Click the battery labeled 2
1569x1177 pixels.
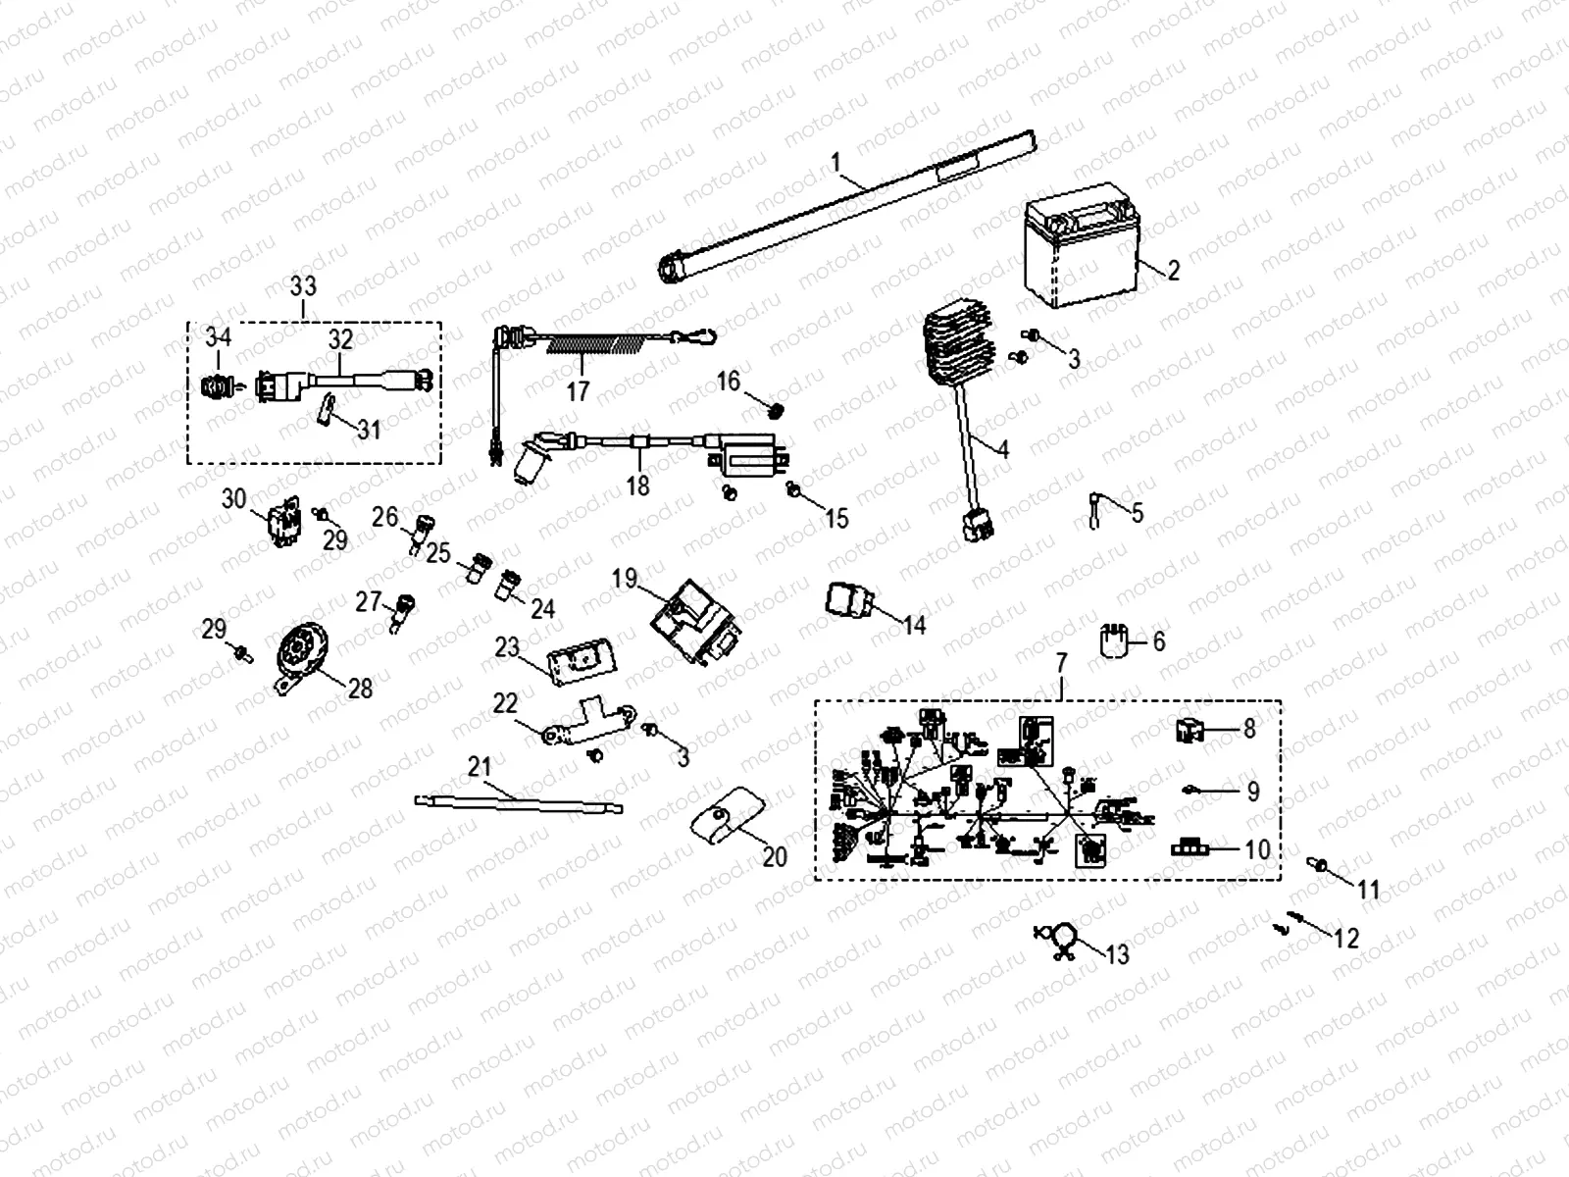point(1079,253)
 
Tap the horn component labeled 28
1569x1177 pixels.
point(300,652)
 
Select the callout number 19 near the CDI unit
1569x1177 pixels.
point(625,577)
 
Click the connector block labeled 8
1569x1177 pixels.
point(1194,731)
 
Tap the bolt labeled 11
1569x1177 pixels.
point(1320,865)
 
